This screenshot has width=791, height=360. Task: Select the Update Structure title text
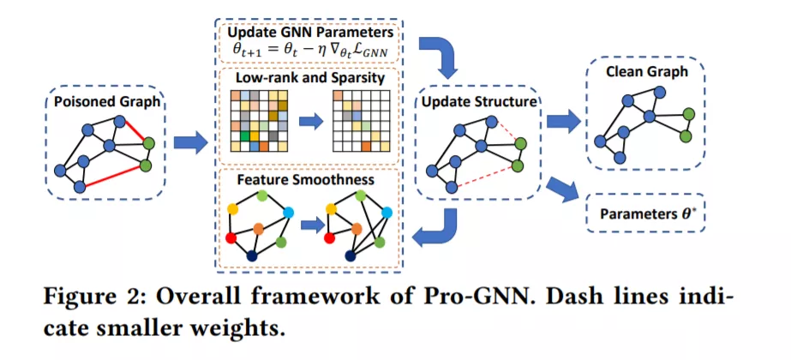(477, 101)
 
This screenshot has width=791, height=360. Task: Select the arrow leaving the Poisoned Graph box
(190, 143)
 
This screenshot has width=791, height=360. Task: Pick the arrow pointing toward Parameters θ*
(563, 189)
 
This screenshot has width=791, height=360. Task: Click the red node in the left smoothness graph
(231, 237)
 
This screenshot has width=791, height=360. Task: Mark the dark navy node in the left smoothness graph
(252, 255)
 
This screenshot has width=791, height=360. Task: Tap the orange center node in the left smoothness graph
(259, 228)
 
